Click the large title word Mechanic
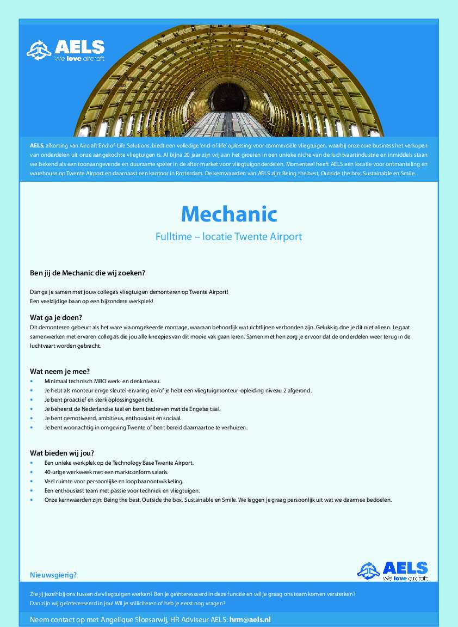[229, 214]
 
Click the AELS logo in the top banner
[66, 51]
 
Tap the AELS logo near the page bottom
[392, 570]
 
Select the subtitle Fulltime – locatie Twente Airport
[228, 237]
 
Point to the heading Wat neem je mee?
[60, 371]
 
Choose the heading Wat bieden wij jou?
[62, 453]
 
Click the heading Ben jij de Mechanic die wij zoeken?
[87, 272]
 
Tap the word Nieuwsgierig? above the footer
[53, 575]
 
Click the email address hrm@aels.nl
[250, 619]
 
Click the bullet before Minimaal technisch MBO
[32, 381]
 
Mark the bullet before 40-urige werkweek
[32, 472]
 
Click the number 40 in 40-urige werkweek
[48, 472]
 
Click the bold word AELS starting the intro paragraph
[36, 145]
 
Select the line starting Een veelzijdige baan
[91, 301]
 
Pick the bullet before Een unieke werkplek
[32, 463]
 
